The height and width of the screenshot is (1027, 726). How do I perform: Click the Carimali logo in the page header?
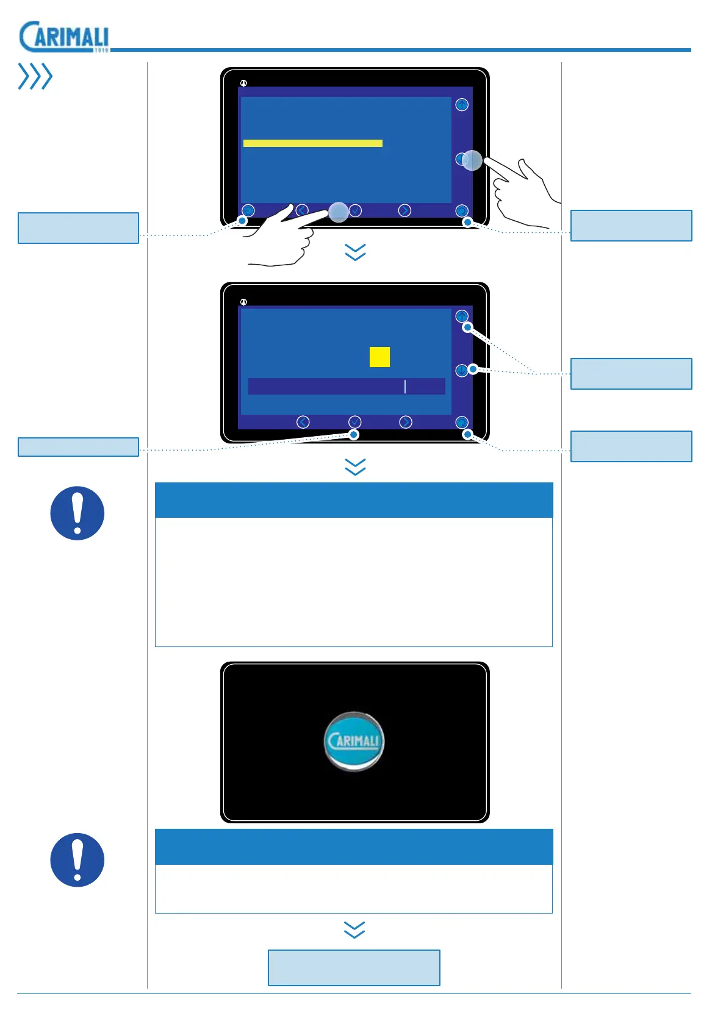pos(64,37)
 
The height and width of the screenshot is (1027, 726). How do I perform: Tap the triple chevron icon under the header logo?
pos(35,76)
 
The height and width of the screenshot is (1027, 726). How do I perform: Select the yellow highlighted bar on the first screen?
pos(312,143)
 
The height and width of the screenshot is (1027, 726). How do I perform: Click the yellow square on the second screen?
pos(379,357)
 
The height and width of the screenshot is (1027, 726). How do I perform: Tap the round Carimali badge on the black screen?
pos(354,741)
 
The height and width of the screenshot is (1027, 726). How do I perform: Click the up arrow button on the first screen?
pos(462,105)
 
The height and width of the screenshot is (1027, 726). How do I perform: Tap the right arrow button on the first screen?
pos(404,210)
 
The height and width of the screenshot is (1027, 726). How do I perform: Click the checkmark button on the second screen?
pos(354,422)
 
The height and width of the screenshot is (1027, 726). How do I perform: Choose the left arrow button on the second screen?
pos(303,422)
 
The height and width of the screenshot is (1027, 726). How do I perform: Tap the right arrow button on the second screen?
pos(405,422)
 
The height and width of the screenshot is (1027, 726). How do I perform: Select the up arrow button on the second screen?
pos(462,317)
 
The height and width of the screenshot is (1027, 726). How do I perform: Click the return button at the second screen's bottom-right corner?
pos(462,422)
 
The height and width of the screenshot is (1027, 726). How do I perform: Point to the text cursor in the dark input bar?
pos(405,386)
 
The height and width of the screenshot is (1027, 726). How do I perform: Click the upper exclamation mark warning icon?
pos(77,513)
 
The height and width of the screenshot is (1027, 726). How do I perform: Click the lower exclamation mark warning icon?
pos(77,860)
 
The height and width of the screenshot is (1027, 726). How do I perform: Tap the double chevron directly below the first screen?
pos(355,252)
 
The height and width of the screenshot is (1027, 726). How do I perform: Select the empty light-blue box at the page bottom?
pos(354,967)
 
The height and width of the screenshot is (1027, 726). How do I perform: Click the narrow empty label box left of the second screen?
pos(78,446)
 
